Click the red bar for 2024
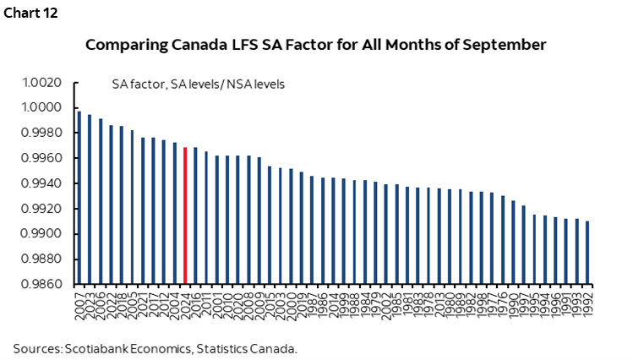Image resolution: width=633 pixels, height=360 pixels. (x=185, y=215)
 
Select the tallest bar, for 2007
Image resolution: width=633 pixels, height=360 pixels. (x=79, y=198)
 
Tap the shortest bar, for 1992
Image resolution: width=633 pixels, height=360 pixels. (x=587, y=253)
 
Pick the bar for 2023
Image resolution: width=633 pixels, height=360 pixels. (x=90, y=199)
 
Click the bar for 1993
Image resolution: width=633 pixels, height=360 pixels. (x=576, y=252)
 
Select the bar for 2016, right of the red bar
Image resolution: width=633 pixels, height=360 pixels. (x=195, y=215)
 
